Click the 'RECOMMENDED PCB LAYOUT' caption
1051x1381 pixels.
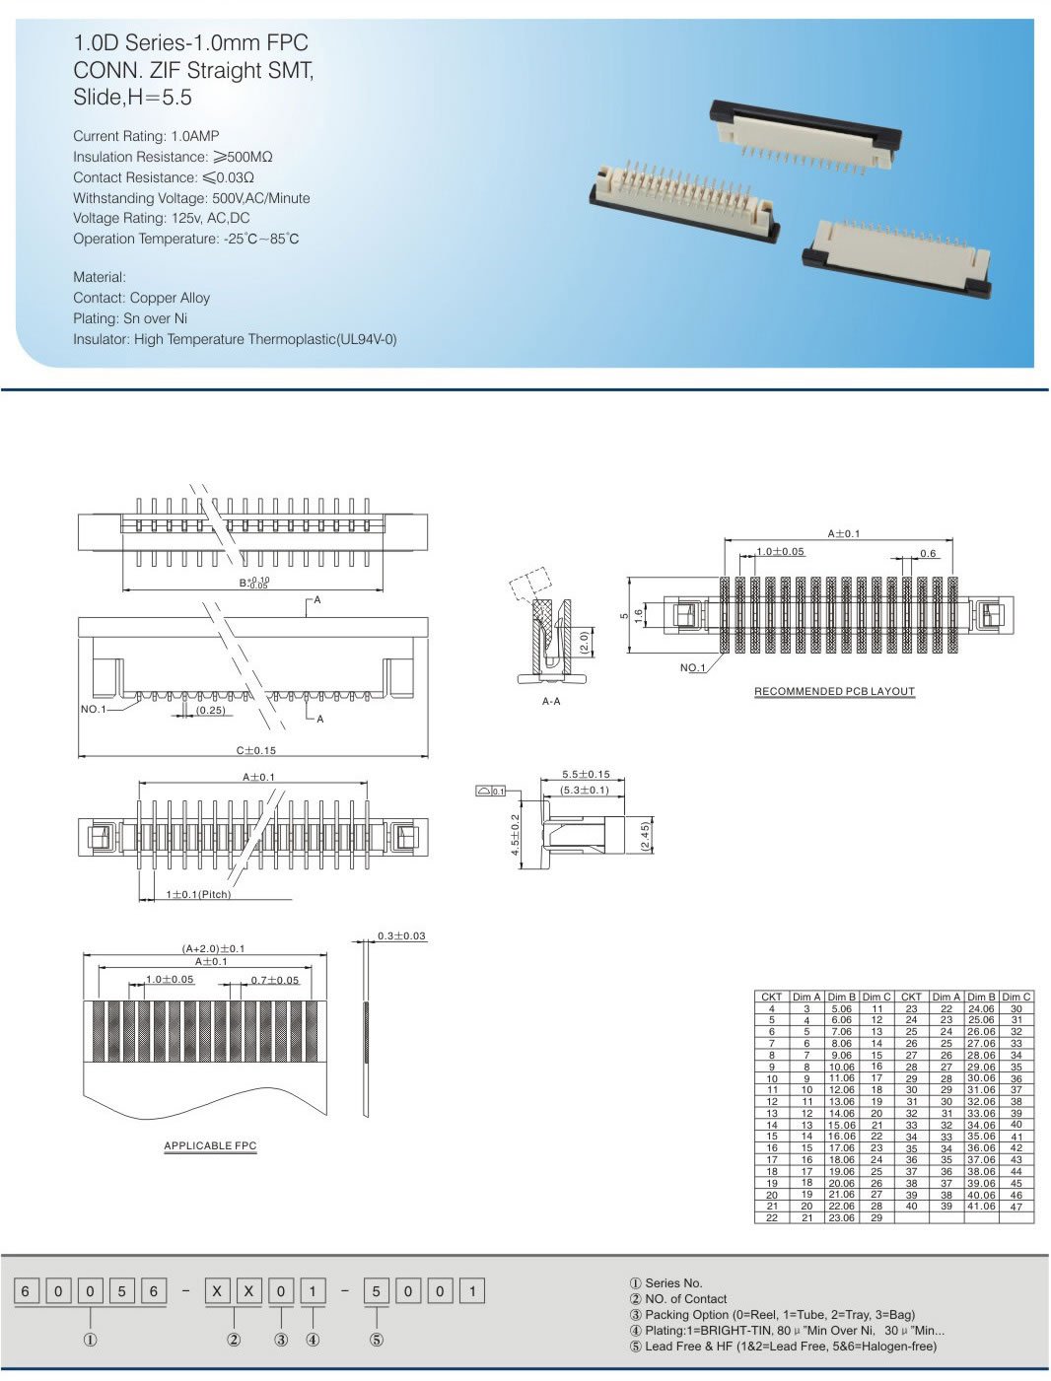coord(834,691)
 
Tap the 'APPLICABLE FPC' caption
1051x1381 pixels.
coord(210,1145)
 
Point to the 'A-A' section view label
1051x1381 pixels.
coord(551,701)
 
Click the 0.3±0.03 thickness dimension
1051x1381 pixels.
coord(401,935)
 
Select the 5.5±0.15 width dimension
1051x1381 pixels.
coord(586,775)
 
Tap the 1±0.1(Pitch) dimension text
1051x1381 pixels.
coord(198,894)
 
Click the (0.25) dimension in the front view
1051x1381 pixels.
coord(210,710)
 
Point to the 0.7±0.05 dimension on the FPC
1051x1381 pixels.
coord(274,980)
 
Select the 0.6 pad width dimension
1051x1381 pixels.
coord(928,553)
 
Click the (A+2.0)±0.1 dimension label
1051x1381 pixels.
coord(213,948)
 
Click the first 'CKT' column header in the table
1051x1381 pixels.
coord(771,997)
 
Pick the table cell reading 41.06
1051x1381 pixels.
coord(981,1206)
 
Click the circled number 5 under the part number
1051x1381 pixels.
coord(376,1340)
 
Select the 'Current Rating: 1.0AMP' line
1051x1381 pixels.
coord(146,136)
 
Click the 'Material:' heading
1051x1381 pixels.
coord(100,277)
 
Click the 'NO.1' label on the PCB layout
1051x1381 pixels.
coord(692,667)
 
